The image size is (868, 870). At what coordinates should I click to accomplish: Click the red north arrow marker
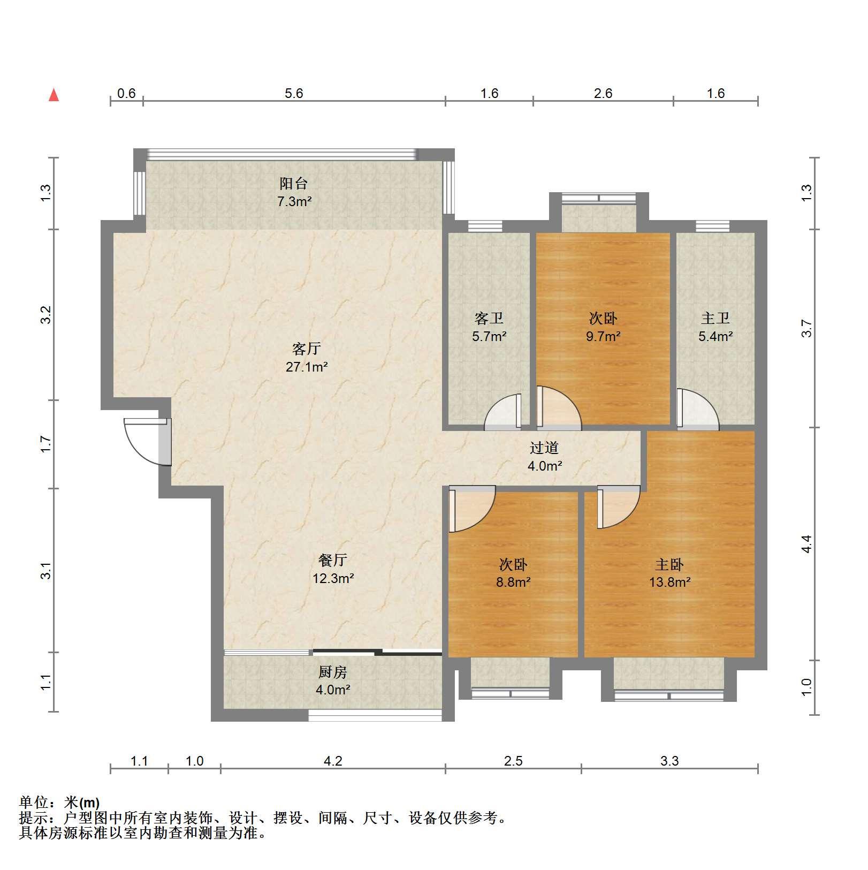tap(54, 95)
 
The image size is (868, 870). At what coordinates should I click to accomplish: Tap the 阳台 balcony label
tap(294, 184)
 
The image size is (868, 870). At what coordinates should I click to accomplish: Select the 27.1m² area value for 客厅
tap(307, 367)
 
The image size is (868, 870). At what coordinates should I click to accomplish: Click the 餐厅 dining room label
tap(333, 561)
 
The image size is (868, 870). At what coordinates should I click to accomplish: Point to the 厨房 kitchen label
tap(333, 672)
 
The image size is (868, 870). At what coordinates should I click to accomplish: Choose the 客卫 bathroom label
tap(489, 319)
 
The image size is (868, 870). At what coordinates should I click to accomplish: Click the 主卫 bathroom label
tap(715, 319)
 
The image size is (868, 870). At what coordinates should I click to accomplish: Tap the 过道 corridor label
tap(544, 448)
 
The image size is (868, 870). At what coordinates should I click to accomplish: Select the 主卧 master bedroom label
tap(669, 564)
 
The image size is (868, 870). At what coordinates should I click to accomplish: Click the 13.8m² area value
tap(670, 582)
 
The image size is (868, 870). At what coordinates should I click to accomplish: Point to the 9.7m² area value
tap(603, 337)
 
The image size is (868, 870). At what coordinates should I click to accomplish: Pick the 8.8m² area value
tap(513, 582)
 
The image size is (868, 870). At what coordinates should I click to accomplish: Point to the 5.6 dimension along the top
tap(294, 94)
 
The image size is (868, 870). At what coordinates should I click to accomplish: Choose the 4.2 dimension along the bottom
tap(333, 761)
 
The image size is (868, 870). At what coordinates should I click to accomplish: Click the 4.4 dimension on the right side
tap(806, 544)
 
